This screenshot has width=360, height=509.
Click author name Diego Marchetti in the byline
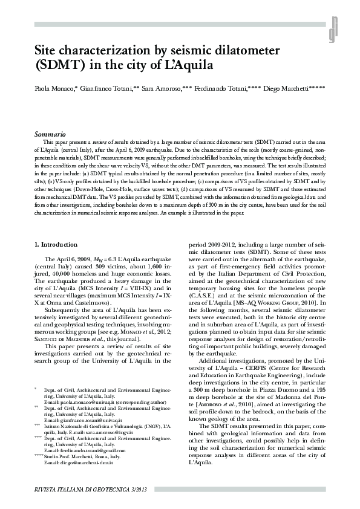click(297, 89)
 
